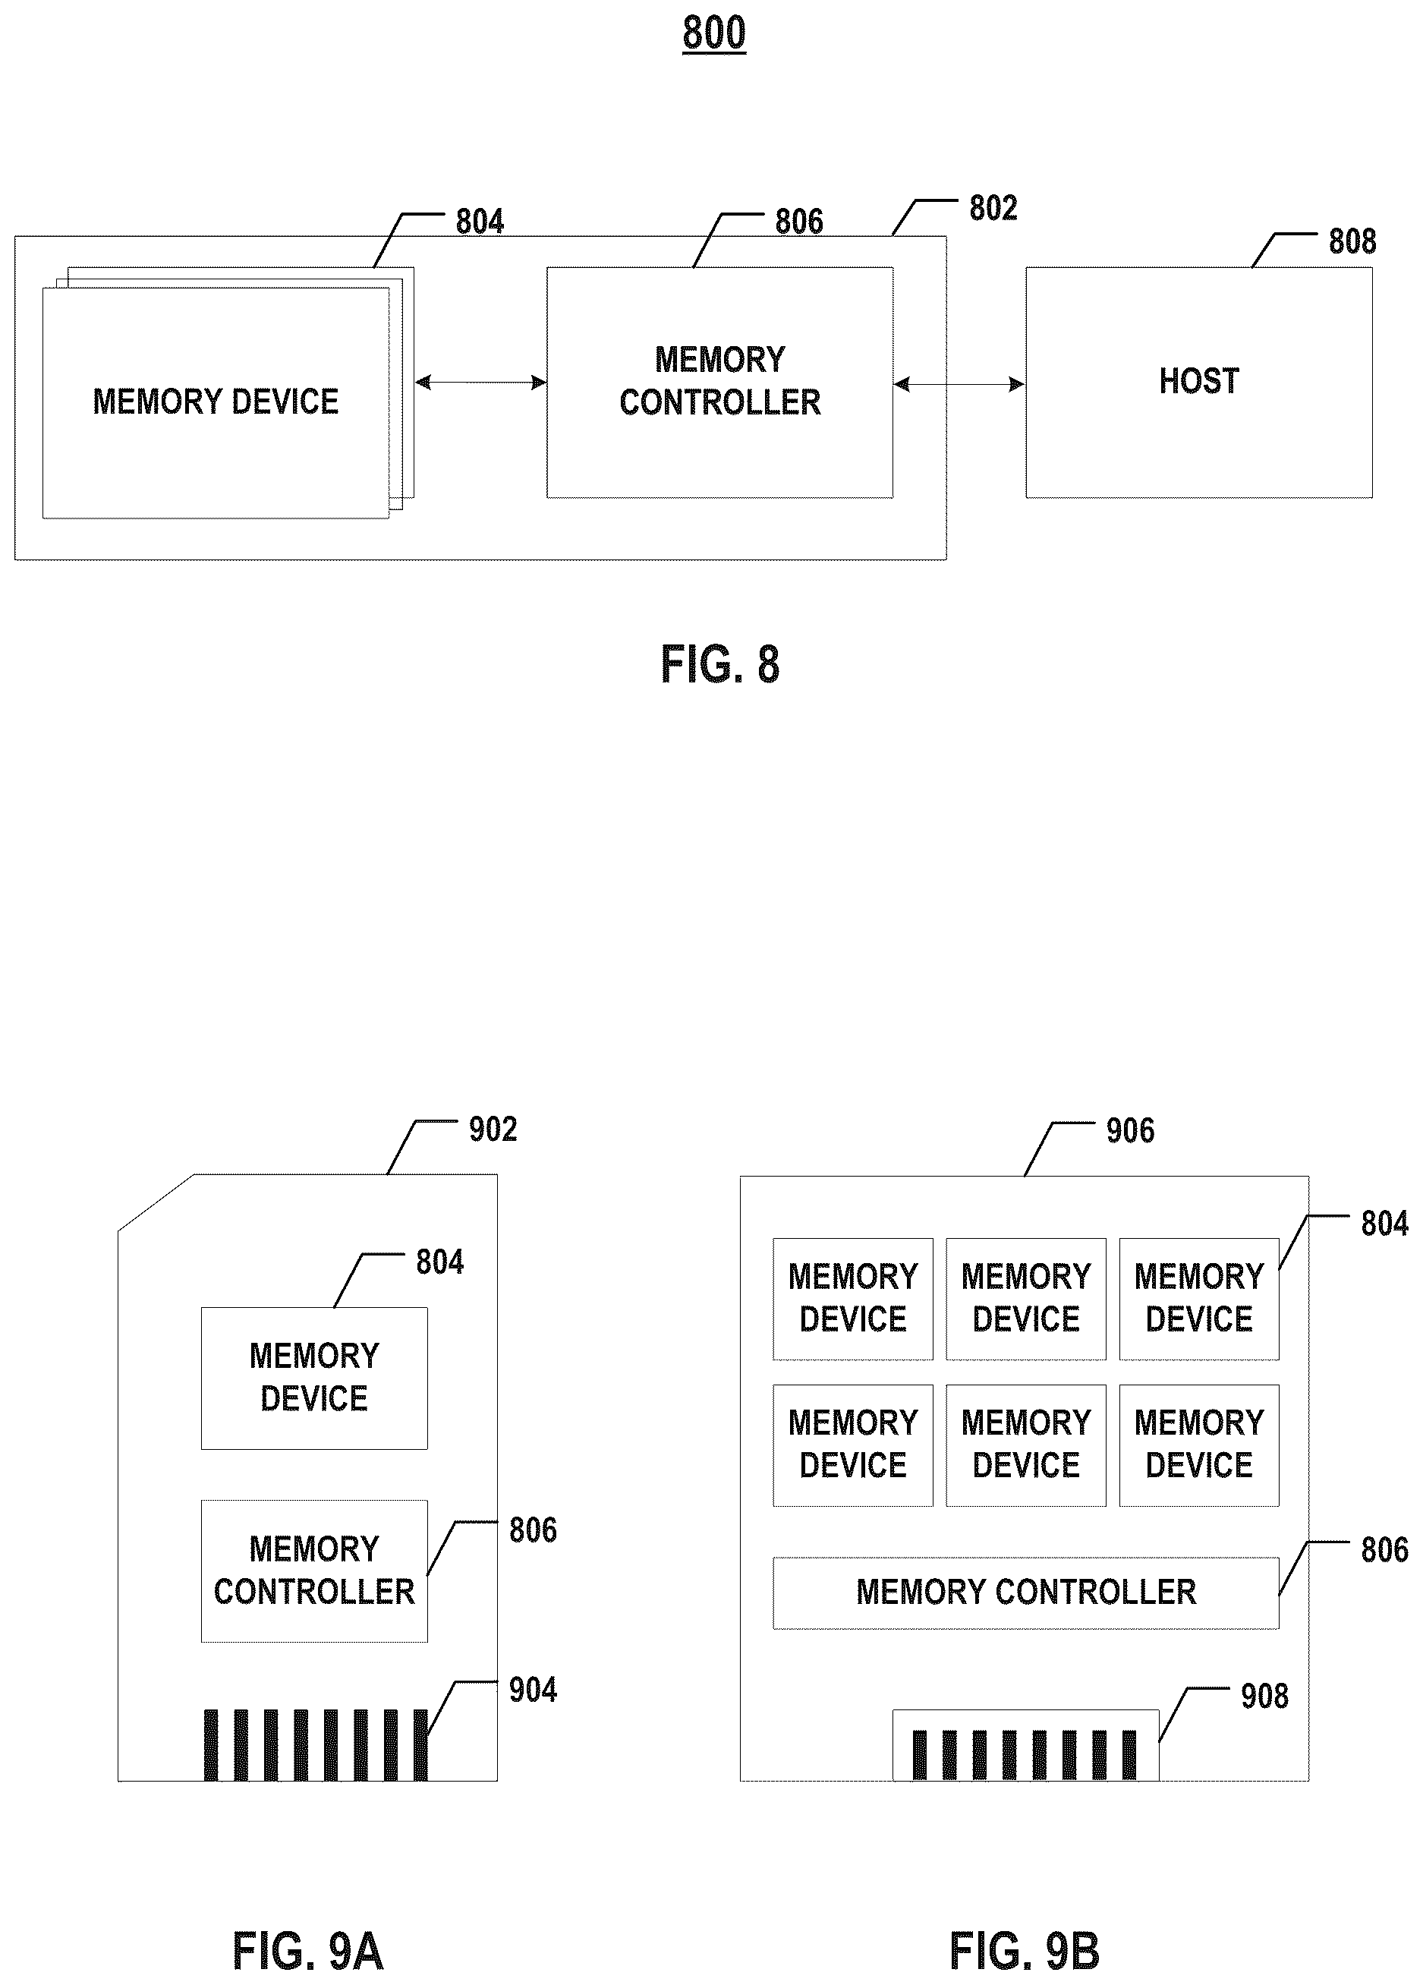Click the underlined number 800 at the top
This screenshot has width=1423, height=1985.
714,34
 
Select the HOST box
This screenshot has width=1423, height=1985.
1199,383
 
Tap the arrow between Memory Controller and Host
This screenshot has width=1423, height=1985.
959,384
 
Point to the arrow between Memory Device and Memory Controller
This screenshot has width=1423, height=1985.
480,383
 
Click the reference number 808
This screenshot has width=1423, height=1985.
1352,241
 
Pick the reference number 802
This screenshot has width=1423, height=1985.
993,208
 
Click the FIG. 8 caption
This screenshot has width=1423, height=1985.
719,664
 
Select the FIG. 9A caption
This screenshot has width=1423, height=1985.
308,1951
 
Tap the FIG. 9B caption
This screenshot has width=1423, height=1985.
1024,1951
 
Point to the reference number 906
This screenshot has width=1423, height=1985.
1130,1131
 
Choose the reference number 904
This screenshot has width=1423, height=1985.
533,1690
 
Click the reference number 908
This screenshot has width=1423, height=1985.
1264,1697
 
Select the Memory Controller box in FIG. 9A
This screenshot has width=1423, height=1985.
314,1571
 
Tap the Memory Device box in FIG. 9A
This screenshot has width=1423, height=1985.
314,1378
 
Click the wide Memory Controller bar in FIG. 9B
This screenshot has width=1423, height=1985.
1025,1593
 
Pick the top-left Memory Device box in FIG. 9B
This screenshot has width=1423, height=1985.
853,1299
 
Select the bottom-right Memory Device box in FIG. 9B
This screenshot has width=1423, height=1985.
1199,1445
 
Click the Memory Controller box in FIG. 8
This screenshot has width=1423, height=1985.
720,383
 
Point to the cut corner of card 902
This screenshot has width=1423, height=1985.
156,1202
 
